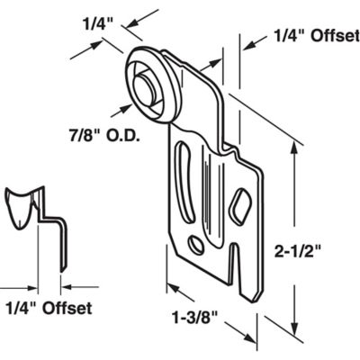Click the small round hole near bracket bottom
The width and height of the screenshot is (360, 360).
pyautogui.click(x=196, y=244)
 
